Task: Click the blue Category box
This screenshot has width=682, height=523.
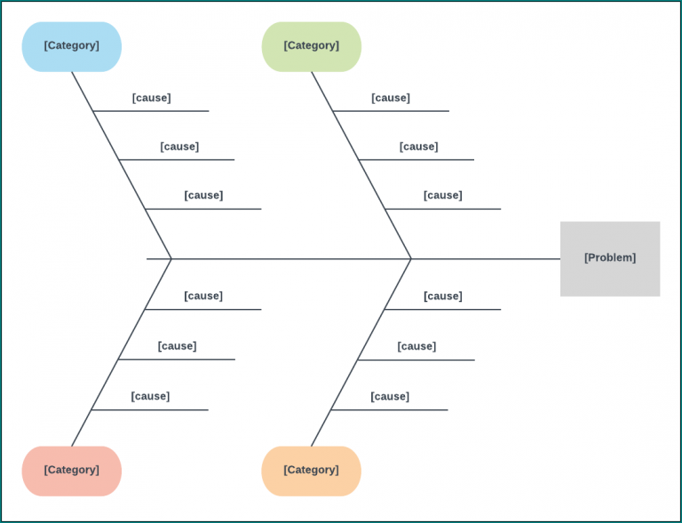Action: [71, 46]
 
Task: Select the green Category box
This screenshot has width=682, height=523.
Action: [311, 46]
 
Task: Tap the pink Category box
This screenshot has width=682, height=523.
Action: [71, 471]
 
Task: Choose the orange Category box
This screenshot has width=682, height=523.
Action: [311, 471]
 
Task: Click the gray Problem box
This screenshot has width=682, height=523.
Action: [610, 258]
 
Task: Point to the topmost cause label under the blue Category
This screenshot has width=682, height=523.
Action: [151, 98]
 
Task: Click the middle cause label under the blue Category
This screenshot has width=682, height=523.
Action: [179, 147]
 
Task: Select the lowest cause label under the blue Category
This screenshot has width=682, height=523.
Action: [203, 195]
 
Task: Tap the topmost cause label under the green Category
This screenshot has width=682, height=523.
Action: [391, 98]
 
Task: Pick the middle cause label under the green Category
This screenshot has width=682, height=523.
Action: [418, 147]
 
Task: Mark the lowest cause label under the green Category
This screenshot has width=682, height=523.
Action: [442, 195]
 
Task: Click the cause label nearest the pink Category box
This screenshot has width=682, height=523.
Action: [150, 396]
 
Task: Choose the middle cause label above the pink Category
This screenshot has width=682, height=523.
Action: [177, 346]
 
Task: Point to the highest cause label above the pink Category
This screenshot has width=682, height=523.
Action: [203, 296]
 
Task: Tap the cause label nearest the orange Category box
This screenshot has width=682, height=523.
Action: [390, 396]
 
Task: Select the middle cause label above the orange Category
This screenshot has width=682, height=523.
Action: [416, 346]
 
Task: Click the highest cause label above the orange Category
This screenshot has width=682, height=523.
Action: [442, 296]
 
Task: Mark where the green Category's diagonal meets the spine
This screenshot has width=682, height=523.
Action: [411, 259]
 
